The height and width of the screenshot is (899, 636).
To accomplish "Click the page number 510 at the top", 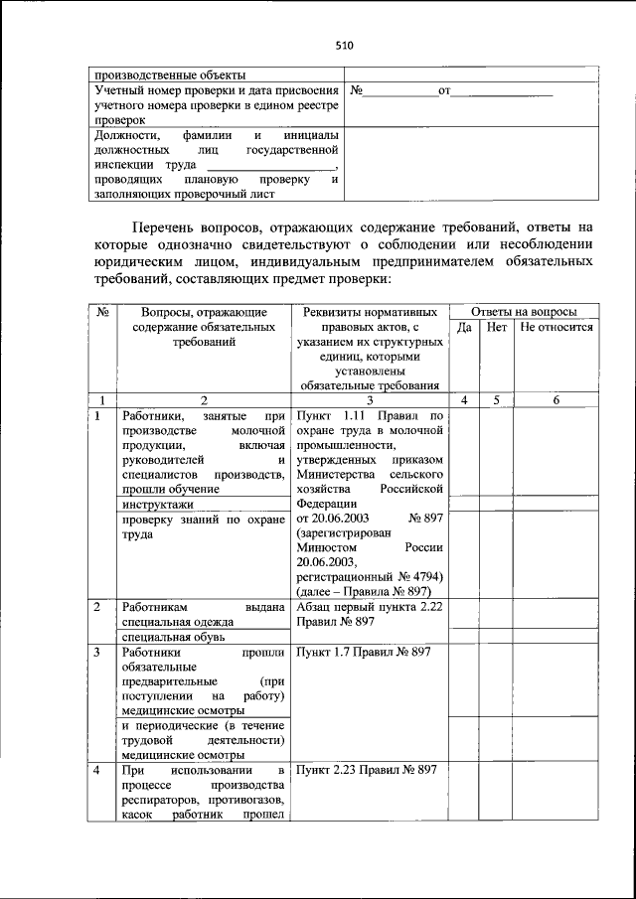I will (345, 45).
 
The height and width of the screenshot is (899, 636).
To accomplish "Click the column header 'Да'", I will (464, 327).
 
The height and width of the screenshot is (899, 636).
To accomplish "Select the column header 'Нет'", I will (497, 327).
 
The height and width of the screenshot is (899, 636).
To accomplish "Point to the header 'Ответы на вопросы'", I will (523, 311).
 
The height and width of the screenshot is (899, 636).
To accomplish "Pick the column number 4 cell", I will (464, 399).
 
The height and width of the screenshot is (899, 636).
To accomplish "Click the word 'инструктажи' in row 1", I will (156, 505).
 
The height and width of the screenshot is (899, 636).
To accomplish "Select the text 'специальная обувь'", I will (170, 636).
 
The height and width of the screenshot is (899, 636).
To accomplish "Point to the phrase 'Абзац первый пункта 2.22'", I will (369, 606).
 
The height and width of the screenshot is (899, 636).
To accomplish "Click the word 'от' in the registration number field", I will (445, 91).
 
